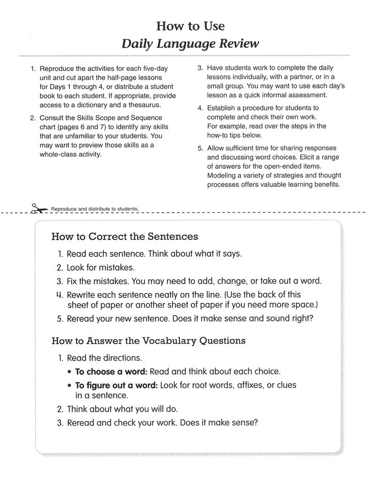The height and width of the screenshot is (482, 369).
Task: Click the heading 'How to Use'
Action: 190,25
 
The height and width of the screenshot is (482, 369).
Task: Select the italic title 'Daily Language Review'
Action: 190,44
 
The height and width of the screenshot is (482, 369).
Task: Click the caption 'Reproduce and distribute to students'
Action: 95,209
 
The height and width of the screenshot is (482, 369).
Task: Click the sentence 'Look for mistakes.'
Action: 100,268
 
